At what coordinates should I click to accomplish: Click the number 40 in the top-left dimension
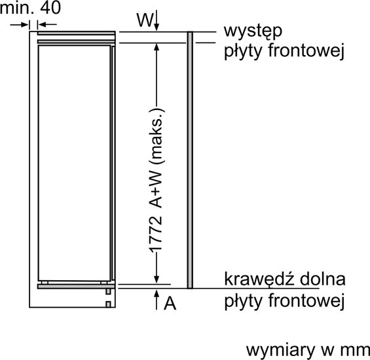pyautogui.click(x=50, y=8)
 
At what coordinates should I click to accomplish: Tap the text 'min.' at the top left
pyautogui.click(x=17, y=8)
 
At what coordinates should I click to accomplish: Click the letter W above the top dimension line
pyautogui.click(x=145, y=20)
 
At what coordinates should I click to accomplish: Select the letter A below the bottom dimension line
pyautogui.click(x=170, y=303)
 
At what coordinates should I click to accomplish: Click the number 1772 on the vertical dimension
pyautogui.click(x=156, y=234)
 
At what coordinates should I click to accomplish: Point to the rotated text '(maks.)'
pyautogui.click(x=157, y=136)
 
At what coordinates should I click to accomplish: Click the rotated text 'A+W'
pyautogui.click(x=156, y=190)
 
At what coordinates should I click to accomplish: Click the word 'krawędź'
pyautogui.click(x=259, y=279)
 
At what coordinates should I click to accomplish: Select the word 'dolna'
pyautogui.click(x=323, y=279)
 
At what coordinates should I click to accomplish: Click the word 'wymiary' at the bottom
pyautogui.click(x=280, y=351)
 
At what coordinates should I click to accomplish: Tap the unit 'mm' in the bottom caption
pyautogui.click(x=355, y=351)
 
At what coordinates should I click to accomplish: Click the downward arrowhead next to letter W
pyautogui.click(x=157, y=26)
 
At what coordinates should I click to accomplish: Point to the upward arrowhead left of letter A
pyautogui.click(x=157, y=295)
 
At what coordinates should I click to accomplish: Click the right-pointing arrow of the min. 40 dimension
pyautogui.click(x=20, y=24)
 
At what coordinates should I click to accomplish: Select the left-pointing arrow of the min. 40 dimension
pyautogui.click(x=47, y=24)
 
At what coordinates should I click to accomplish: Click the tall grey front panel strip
pyautogui.click(x=190, y=160)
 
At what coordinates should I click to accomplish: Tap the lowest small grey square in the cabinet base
pyautogui.click(x=108, y=304)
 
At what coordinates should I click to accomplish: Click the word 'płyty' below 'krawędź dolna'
pyautogui.click(x=243, y=302)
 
